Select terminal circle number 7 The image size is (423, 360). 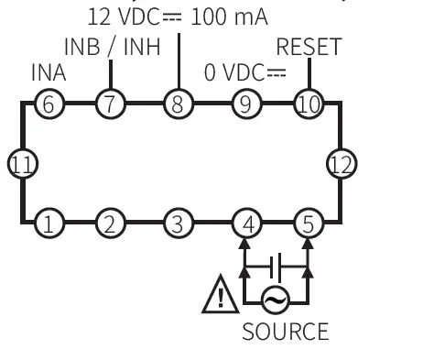click(111, 103)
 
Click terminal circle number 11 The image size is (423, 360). click(19, 163)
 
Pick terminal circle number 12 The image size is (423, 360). click(340, 163)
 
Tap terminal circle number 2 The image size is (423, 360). click(111, 224)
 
